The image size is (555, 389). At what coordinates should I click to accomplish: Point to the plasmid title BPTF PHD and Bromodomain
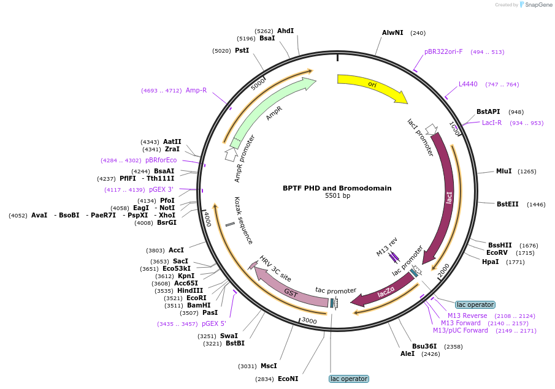point(337,188)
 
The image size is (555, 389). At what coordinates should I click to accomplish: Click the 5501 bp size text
point(337,196)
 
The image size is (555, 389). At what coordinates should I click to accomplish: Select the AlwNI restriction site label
point(392,32)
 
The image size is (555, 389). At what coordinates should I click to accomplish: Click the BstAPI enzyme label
point(488,111)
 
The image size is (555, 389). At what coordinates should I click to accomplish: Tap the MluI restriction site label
point(503,172)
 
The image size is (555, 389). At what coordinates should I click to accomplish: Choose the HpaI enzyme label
point(490,262)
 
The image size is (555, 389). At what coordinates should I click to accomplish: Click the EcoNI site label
point(288,379)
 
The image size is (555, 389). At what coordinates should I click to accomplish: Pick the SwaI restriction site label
point(229,336)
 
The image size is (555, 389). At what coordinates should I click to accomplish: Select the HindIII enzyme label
point(190,290)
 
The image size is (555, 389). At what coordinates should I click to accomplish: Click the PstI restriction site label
point(242,50)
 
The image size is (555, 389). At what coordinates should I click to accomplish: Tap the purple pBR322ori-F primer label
point(443,51)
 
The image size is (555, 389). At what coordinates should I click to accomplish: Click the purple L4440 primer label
point(468,84)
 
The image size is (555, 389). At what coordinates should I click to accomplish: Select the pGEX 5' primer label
point(214,323)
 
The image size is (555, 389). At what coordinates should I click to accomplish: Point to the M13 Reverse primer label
point(467,315)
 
